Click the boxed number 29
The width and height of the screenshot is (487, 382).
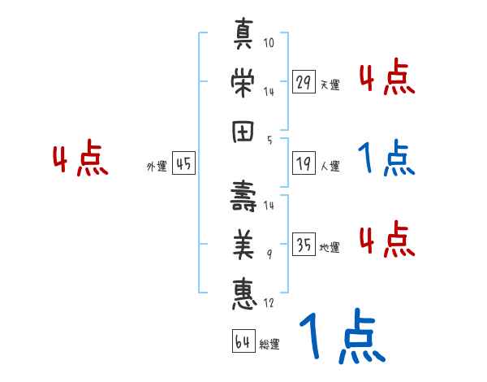(304, 82)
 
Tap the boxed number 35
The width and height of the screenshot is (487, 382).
(304, 244)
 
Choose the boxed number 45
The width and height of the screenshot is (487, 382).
(184, 164)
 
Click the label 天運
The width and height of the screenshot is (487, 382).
(330, 85)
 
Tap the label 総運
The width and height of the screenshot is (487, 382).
(269, 345)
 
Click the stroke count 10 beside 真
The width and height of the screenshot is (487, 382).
(269, 41)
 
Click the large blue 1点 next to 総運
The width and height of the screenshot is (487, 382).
(341, 336)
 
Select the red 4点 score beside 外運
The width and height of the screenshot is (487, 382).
(79, 159)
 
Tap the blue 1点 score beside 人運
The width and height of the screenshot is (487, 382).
(387, 159)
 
